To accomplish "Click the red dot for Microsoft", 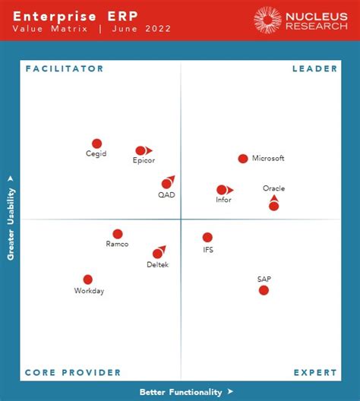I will [x=243, y=159].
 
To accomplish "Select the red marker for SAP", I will [x=264, y=290].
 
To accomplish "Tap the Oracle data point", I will [x=273, y=206].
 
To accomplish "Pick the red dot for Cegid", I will [x=96, y=144].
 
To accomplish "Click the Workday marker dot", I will [x=88, y=279].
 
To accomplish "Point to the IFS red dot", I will [x=207, y=238].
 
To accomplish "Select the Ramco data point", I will [x=118, y=234].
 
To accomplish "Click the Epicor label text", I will [x=144, y=161].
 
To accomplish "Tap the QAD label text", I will [x=166, y=195].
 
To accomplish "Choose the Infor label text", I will [x=223, y=200].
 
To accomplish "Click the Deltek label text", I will [x=158, y=264].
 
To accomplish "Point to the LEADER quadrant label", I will [x=314, y=69].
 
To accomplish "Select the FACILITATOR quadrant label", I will [x=65, y=69].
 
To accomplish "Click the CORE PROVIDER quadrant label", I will [x=73, y=373].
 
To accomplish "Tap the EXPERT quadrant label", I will [x=315, y=373].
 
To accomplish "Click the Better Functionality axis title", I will [x=181, y=393].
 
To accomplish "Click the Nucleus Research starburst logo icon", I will [x=267, y=20].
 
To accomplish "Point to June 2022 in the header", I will [x=141, y=29].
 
